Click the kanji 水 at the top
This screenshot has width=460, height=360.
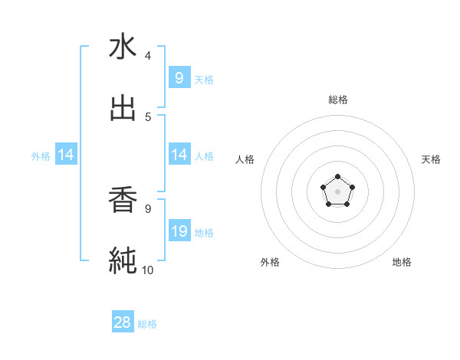[123, 47]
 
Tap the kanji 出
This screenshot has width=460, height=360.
[123, 109]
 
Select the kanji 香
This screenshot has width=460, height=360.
[123, 200]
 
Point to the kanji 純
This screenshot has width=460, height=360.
[123, 260]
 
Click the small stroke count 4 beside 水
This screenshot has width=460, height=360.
[148, 56]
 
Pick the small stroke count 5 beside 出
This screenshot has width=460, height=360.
[148, 117]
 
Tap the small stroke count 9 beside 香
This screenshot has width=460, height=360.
[148, 208]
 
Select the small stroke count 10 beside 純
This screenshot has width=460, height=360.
[148, 270]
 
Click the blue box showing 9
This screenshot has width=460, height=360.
[179, 77]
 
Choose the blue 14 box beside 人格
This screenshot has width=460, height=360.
[179, 155]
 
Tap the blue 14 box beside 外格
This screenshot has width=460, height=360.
[66, 155]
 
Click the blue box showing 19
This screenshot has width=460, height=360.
[179, 231]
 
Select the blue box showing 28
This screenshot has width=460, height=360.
[123, 322]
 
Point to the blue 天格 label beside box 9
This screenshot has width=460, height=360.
[204, 79]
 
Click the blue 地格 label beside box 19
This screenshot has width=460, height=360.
[204, 233]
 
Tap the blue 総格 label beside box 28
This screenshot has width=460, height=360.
[147, 324]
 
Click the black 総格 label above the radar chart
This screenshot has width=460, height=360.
[338, 100]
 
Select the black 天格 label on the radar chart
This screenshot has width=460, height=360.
[432, 159]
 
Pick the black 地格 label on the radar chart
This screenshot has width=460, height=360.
[402, 262]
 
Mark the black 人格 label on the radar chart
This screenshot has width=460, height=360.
[245, 159]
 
